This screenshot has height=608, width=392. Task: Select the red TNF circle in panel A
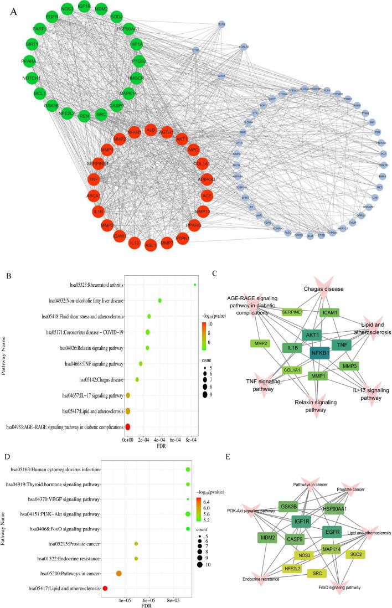coord(94,180)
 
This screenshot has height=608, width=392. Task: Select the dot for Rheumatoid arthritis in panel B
coord(195,285)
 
